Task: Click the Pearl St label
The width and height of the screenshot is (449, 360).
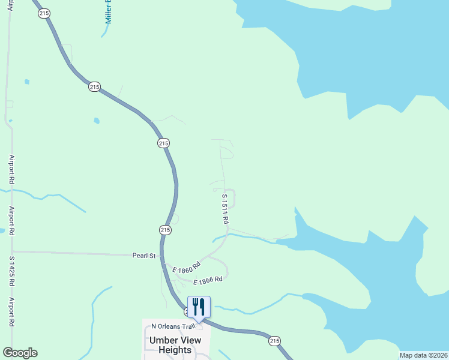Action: pos(144,256)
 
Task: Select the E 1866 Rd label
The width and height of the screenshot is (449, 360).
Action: pos(208,280)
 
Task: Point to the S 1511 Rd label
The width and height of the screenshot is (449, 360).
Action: pos(225,209)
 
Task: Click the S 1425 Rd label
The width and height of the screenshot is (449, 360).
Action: pos(11,271)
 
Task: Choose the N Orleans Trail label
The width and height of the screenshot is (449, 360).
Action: pos(173,326)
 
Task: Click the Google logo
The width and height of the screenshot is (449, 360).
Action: pos(20,353)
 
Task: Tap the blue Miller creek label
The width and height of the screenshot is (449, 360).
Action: pos(109,12)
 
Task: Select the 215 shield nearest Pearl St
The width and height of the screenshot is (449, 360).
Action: pos(166,230)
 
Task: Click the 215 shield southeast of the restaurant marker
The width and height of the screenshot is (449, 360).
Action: pos(275,341)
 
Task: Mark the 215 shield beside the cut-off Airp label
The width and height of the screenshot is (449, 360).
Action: pos(43,13)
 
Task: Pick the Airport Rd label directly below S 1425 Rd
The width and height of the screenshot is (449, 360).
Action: pos(11,312)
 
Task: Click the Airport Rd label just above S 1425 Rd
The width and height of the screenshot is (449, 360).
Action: pos(11,221)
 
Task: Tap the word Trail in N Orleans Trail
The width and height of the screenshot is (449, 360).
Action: pos(189,326)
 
